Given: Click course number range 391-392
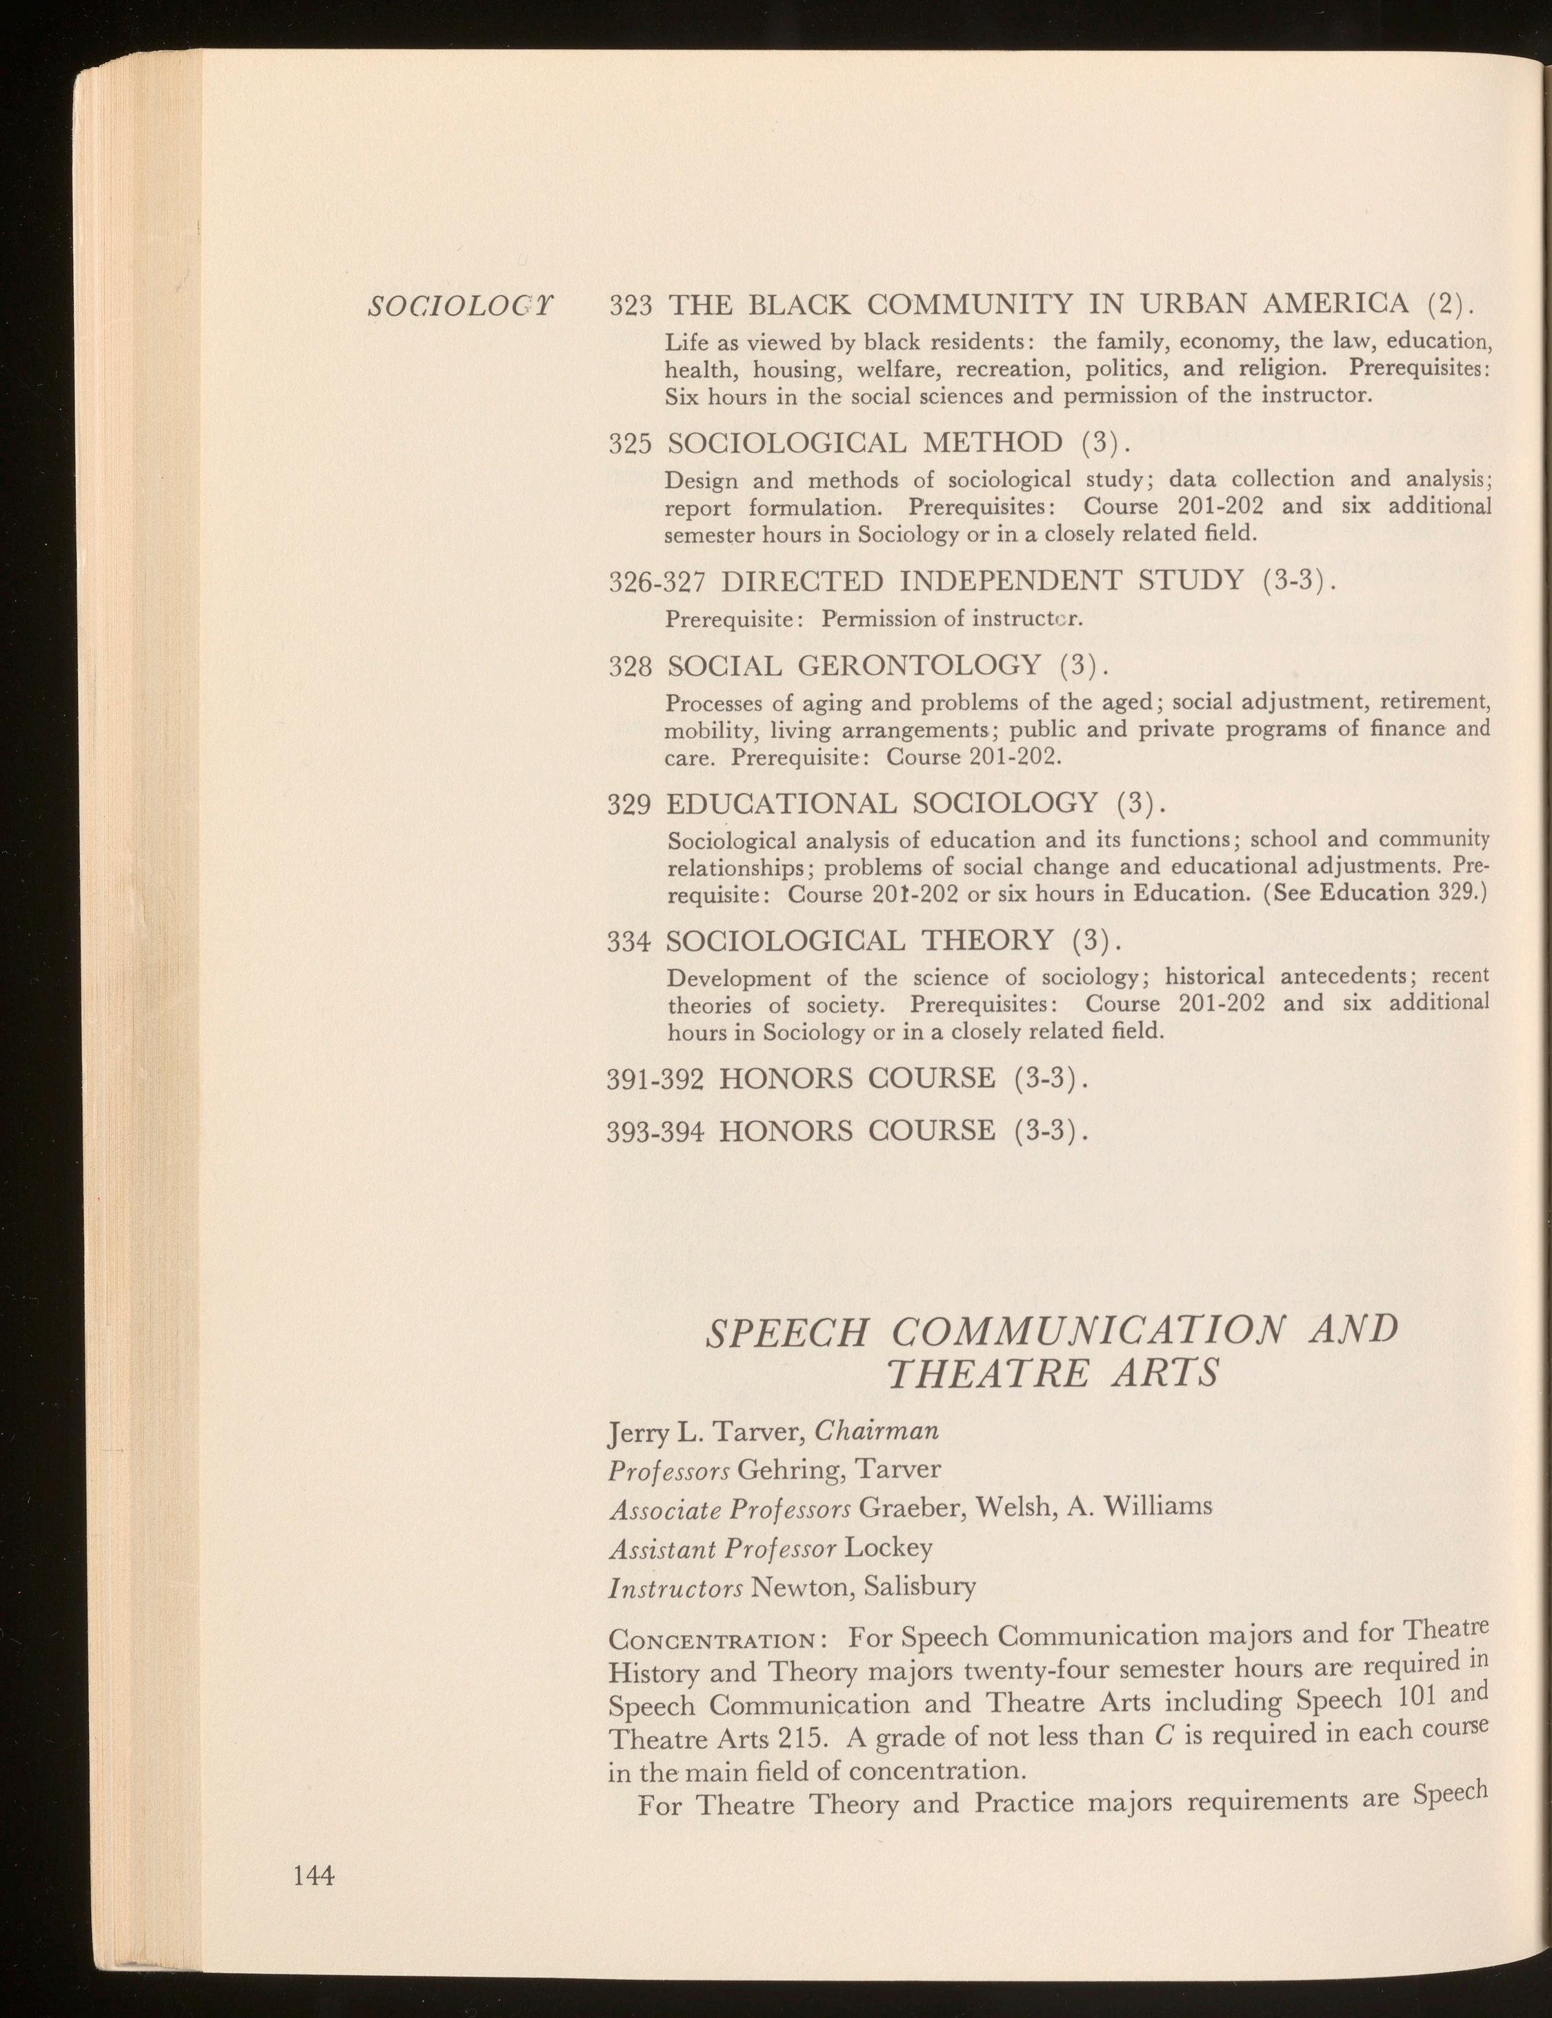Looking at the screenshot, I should pos(656,1078).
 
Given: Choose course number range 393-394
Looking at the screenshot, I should pos(656,1130).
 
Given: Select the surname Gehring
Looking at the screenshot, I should pos(792,1469).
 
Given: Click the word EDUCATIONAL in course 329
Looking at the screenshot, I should pos(781,803).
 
